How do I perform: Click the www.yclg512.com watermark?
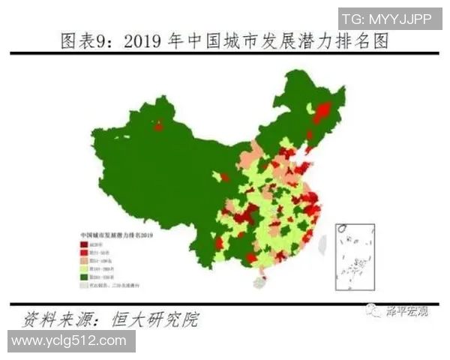(69, 340)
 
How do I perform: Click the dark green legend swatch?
(84, 277)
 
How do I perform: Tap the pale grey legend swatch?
(84, 286)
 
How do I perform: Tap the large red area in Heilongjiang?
(322, 112)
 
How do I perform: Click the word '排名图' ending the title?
(367, 40)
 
